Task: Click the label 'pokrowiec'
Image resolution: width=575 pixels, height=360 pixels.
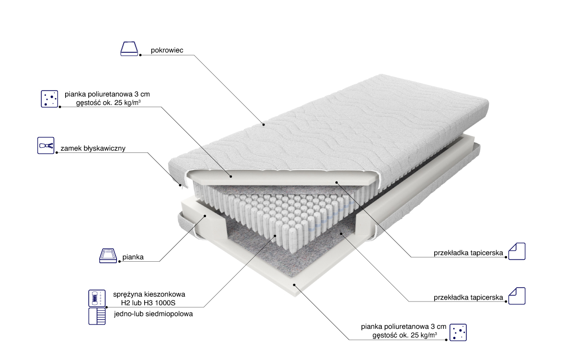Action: coord(167,50)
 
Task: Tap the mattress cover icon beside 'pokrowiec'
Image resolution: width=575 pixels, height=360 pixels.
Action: coord(129,49)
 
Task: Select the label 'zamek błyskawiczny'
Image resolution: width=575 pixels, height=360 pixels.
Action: coord(93,149)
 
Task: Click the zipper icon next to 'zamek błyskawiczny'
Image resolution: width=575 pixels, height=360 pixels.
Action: coord(46,145)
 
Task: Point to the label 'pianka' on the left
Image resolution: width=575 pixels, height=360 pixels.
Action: coord(133,257)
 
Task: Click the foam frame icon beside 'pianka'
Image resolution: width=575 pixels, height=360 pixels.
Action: coord(108,256)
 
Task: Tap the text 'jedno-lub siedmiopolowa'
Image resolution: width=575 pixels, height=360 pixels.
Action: coord(153,314)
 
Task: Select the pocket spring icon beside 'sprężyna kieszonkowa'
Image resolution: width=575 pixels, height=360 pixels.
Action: coord(97,298)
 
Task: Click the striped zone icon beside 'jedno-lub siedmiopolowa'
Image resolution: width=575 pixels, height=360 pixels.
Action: coord(97,316)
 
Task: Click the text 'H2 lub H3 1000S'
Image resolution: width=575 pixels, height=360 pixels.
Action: coord(148,303)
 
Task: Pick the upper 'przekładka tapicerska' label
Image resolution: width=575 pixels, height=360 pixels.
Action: coord(468,253)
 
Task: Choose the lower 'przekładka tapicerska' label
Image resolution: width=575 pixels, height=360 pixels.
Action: coord(468,297)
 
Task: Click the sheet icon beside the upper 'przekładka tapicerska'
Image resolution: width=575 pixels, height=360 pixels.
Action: coord(517,251)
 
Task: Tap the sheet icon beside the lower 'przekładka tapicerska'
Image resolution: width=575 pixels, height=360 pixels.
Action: coord(517,296)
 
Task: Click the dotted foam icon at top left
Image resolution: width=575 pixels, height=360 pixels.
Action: coord(49,99)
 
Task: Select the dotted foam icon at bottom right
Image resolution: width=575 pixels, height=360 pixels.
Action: coord(458,333)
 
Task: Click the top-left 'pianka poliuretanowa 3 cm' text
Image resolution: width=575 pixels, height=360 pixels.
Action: coord(107,94)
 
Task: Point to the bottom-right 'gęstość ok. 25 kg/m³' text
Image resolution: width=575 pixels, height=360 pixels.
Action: coord(405,335)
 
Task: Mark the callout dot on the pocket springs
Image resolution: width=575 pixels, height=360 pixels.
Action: coord(275,235)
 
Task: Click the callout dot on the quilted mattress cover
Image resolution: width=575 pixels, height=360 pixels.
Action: coord(264,125)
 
